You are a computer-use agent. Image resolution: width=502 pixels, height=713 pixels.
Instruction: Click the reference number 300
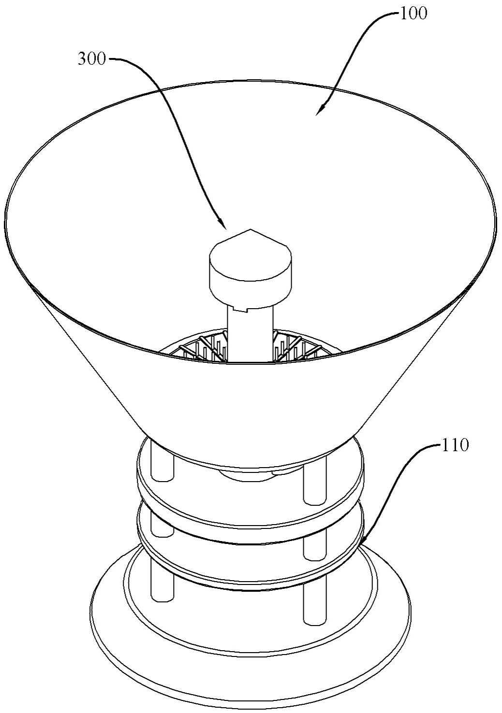coord(91,59)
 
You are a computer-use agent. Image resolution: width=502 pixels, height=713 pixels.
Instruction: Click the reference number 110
coord(455,445)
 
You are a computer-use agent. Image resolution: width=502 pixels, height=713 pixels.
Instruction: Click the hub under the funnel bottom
coord(251,476)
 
